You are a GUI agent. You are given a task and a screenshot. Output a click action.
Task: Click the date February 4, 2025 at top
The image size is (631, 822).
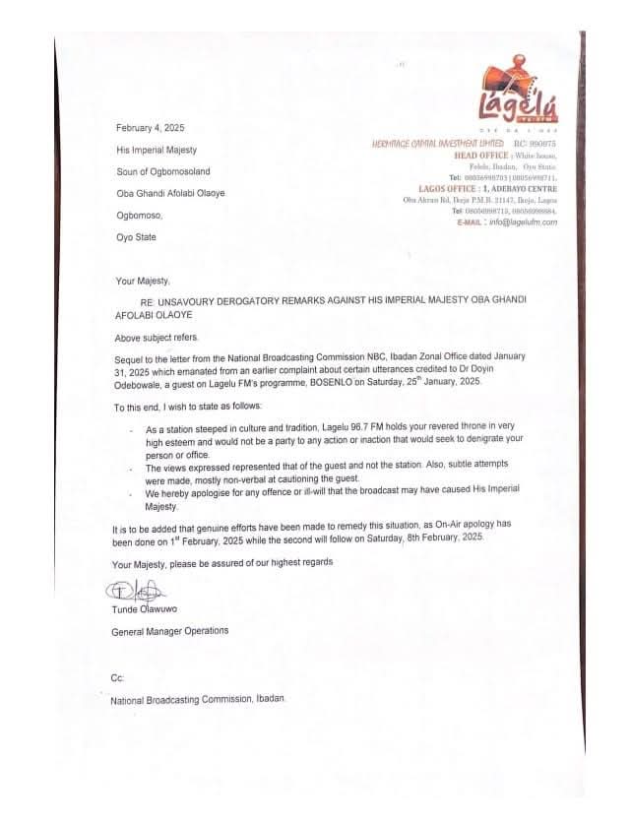[x=150, y=129]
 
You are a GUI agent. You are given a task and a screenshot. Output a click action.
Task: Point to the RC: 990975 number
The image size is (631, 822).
[x=535, y=144]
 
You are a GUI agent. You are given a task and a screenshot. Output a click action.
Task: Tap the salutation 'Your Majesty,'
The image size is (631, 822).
[x=143, y=281]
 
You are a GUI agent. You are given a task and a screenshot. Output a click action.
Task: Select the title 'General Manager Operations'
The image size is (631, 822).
[x=170, y=630]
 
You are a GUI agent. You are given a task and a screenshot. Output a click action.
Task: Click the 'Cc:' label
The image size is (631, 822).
[x=117, y=680]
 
